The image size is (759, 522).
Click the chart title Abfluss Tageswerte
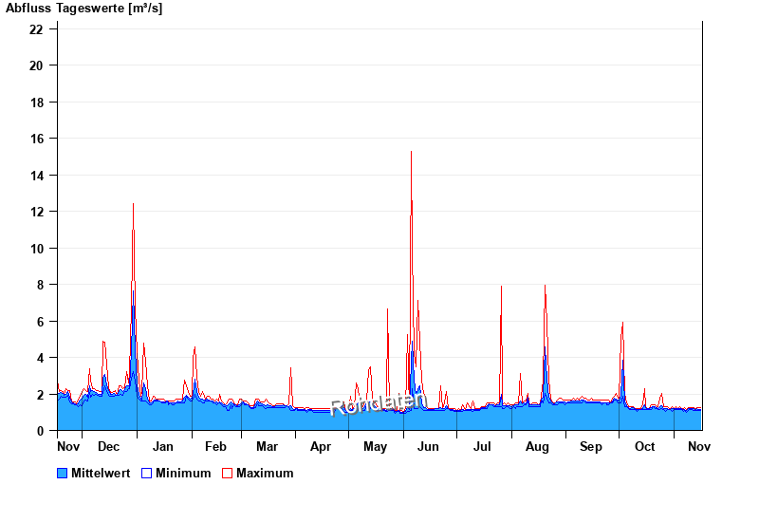[84, 9]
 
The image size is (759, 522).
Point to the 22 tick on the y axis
[36, 29]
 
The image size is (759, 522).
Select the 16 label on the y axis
[36, 139]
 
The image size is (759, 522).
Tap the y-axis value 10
[36, 249]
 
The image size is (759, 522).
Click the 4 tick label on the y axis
[39, 358]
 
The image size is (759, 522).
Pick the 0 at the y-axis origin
[39, 431]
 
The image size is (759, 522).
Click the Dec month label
[108, 447]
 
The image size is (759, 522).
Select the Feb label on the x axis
[215, 447]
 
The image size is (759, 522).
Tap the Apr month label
[321, 447]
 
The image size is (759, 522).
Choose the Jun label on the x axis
[429, 447]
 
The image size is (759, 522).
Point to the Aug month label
[537, 447]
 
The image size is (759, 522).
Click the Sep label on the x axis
[591, 447]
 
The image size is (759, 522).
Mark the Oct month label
[645, 447]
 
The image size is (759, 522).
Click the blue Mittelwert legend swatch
[63, 473]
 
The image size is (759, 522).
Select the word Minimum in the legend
[183, 473]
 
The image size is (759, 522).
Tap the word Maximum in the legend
[265, 473]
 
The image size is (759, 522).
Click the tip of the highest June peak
[411, 151]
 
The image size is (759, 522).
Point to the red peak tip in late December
[133, 203]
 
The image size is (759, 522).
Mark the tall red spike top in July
[501, 286]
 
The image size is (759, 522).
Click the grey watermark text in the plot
[378, 403]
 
